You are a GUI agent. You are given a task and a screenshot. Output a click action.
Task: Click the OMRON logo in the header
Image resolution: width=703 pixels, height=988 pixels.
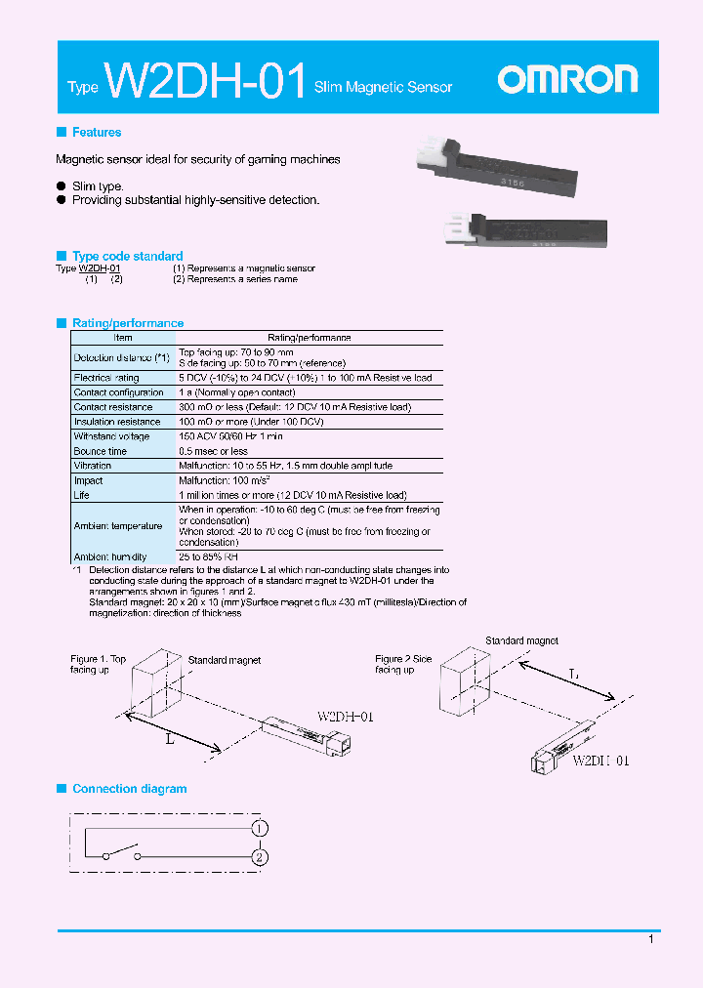pyautogui.click(x=567, y=80)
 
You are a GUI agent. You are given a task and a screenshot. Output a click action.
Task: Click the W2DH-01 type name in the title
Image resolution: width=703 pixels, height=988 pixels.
pyautogui.click(x=206, y=82)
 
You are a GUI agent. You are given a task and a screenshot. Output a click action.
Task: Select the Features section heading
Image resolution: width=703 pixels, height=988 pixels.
pyautogui.click(x=97, y=133)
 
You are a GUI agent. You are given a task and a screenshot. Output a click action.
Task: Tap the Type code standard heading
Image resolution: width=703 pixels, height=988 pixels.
pyautogui.click(x=127, y=257)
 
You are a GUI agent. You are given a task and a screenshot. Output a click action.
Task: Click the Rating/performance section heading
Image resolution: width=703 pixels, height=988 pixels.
pyautogui.click(x=128, y=323)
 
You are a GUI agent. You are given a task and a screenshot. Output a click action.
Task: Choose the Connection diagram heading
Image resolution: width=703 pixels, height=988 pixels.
pyautogui.click(x=129, y=789)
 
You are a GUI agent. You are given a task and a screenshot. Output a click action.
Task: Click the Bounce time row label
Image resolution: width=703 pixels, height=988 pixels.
pyautogui.click(x=101, y=451)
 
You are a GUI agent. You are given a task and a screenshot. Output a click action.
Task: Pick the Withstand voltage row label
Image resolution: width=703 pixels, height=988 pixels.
pyautogui.click(x=111, y=436)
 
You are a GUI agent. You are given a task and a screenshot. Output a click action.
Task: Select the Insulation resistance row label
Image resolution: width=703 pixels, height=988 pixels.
pyautogui.click(x=116, y=422)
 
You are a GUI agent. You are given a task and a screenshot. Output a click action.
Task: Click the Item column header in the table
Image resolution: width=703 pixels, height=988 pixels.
pyautogui.click(x=123, y=338)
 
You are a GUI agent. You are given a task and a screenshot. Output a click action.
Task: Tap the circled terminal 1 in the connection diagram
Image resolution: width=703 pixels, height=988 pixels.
pyautogui.click(x=260, y=829)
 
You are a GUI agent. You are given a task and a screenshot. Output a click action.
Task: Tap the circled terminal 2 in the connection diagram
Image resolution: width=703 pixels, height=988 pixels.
pyautogui.click(x=260, y=858)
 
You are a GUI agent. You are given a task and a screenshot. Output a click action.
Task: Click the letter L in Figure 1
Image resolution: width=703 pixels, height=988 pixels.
pyautogui.click(x=169, y=739)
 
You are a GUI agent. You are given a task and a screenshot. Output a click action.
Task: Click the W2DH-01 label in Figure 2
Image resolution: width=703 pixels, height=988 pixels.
pyautogui.click(x=600, y=761)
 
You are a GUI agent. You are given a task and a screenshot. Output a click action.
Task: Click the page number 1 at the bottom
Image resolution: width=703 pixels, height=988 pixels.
pyautogui.click(x=651, y=939)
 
